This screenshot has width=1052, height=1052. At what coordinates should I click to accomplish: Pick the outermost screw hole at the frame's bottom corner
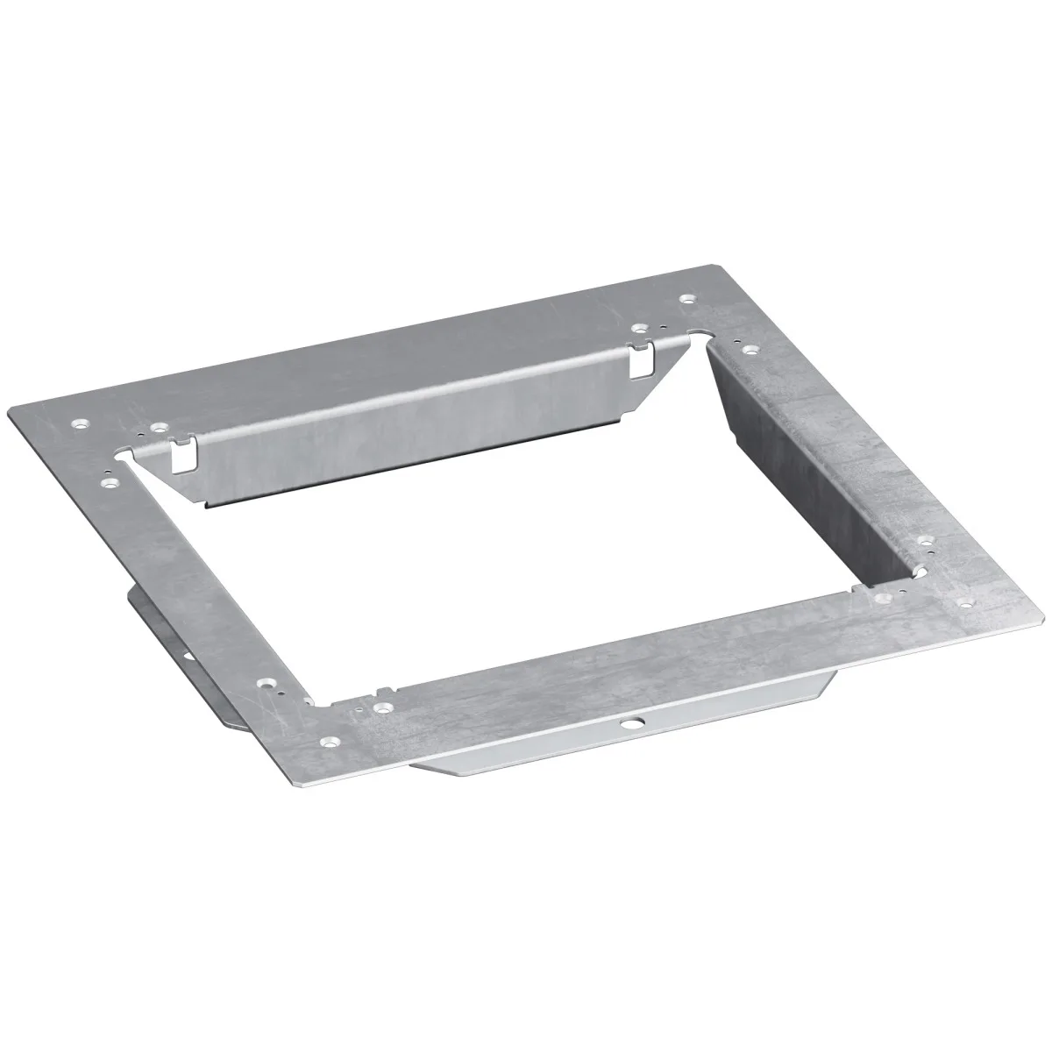tap(329, 742)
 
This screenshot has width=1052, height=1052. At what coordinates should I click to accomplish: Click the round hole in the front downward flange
tap(629, 726)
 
